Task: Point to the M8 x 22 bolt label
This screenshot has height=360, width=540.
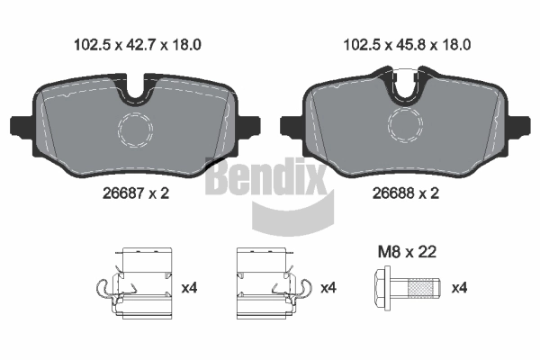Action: [x=406, y=253]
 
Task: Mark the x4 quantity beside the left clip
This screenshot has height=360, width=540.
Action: [x=189, y=288]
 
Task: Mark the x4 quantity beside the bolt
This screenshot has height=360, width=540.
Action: [x=458, y=288]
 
